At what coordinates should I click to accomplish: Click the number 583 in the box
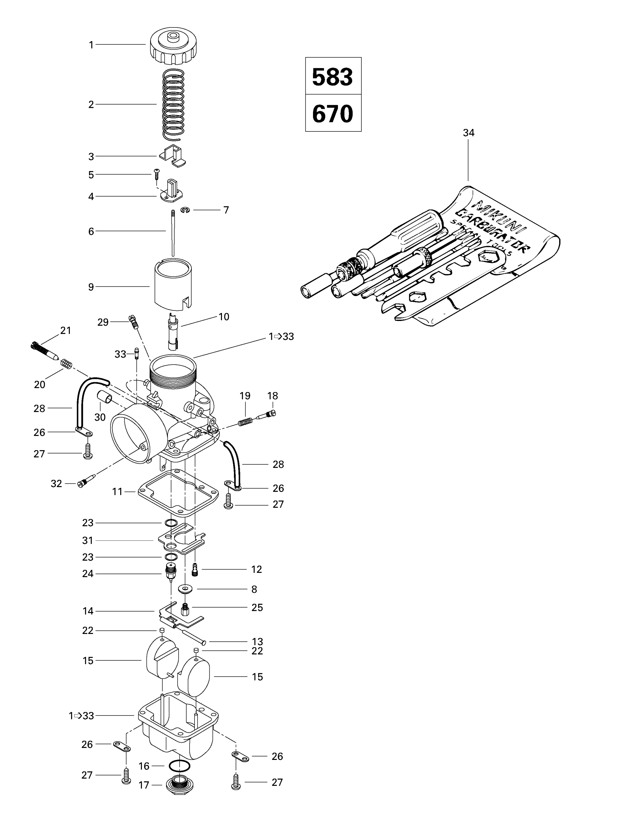click(332, 77)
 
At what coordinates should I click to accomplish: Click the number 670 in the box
click(332, 113)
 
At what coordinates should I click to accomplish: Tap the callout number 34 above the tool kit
click(469, 133)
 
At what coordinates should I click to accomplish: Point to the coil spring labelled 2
click(173, 104)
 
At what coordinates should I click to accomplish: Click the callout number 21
click(66, 331)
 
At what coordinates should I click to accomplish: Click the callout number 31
click(88, 540)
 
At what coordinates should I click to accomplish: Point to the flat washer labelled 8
click(185, 589)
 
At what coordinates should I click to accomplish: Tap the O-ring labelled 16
click(179, 766)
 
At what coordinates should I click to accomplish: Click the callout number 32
click(57, 483)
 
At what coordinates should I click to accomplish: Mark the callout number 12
click(256, 570)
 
